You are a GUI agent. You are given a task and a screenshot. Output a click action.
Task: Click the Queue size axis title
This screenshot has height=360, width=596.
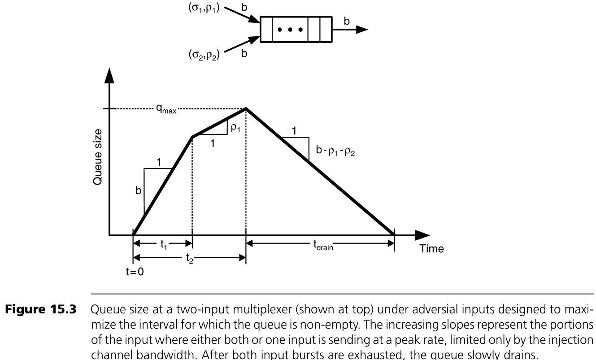click(x=99, y=163)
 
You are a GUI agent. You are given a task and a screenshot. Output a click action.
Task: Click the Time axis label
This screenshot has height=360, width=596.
click(x=431, y=249)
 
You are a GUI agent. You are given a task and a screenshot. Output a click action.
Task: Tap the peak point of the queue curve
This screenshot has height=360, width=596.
click(x=246, y=108)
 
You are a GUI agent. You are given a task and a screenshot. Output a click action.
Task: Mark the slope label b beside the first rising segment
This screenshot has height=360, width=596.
click(x=139, y=191)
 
